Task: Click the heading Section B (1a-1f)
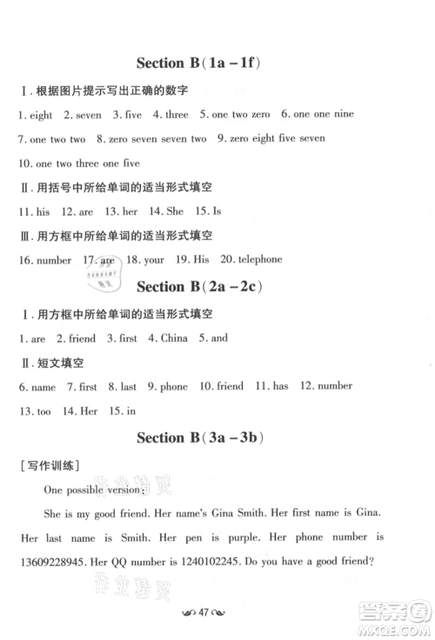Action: coord(200,63)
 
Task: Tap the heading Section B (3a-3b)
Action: coord(200,437)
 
